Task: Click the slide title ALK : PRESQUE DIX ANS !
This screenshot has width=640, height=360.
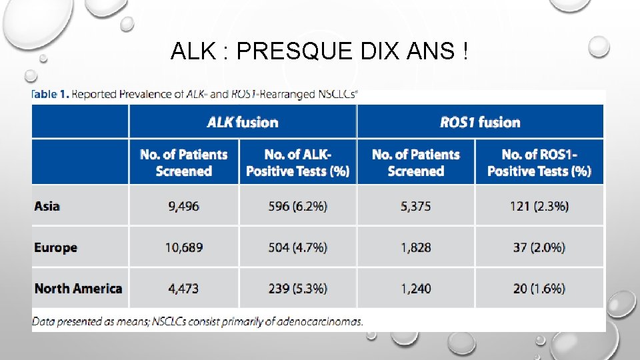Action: coord(319,51)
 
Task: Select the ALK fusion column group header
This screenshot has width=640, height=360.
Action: coord(243,122)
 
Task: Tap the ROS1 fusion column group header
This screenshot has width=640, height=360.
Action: coord(480,122)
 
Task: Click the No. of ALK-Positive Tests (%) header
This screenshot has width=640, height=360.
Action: coord(297,163)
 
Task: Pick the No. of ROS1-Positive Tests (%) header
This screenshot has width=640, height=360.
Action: coord(539,163)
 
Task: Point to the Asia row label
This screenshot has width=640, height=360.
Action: coord(47,206)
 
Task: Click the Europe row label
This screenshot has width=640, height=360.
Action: coord(56,247)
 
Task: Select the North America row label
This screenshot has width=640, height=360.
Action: coord(78,289)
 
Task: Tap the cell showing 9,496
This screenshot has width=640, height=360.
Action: coord(183,206)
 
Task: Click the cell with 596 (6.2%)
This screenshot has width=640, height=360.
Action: coord(297,206)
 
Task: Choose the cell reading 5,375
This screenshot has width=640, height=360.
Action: coord(415,206)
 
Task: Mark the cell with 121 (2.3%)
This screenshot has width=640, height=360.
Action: coord(539,206)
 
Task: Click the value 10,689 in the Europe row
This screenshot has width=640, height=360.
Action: coord(183,247)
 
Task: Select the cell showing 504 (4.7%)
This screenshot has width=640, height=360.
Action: coord(297,247)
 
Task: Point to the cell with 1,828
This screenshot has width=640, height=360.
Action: coord(415,247)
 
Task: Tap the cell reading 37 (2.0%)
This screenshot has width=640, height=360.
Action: coord(539,247)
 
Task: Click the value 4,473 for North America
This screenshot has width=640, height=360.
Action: coord(183,289)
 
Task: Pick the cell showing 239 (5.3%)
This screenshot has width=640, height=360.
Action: coord(297,289)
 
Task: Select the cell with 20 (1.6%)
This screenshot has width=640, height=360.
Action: coord(539,289)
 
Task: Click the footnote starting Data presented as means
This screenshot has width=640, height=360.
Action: coord(198,321)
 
